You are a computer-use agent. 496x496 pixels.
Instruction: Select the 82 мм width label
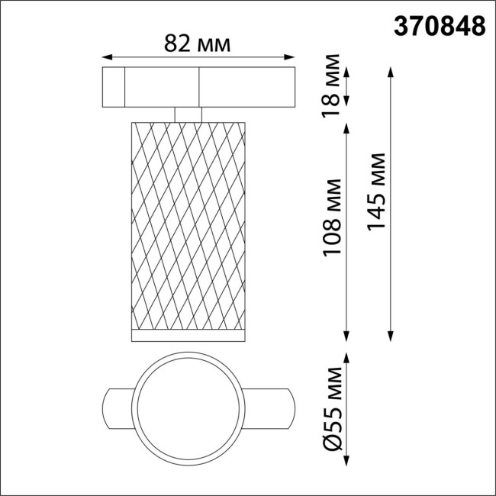coord(198,44)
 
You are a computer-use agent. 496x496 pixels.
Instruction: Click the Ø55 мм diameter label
coord(332,409)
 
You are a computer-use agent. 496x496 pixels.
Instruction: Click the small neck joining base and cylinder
coord(188,113)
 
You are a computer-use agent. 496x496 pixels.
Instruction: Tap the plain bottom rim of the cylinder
coord(188,336)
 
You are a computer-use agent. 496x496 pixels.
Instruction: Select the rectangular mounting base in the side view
coord(198,88)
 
